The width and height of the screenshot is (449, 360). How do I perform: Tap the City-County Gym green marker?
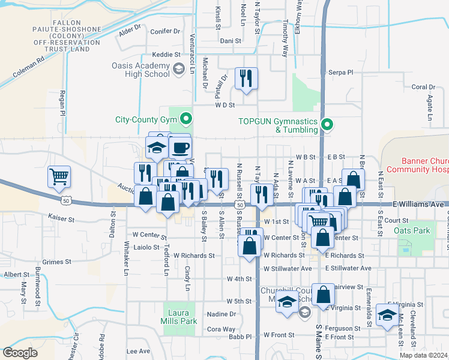pos(186,119)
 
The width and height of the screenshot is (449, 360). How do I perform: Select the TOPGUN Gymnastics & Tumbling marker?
pos(327,125)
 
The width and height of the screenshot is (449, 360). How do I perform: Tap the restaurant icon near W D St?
pos(246,78)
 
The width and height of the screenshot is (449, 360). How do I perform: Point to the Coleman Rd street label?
pos(29,69)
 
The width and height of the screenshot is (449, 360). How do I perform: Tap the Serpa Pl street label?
pos(341,72)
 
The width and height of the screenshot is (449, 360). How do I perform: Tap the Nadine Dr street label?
pos(221,314)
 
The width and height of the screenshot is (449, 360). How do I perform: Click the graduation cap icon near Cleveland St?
pos(387,314)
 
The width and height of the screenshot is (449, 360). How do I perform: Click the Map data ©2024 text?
pos(424,355)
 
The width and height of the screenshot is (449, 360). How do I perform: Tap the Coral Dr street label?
pos(423,87)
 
